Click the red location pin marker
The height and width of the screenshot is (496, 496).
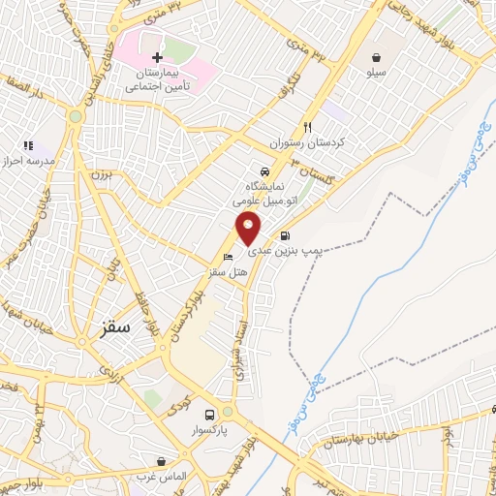coord(249,229)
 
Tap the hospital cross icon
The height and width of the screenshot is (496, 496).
coord(157,58)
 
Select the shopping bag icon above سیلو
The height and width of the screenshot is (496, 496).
coord(375,57)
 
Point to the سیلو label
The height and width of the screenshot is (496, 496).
coord(375,73)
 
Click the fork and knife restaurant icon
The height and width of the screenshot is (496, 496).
coord(308,126)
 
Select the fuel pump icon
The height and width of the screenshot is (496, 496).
coord(284,235)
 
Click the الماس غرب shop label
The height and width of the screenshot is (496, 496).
coord(160,477)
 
